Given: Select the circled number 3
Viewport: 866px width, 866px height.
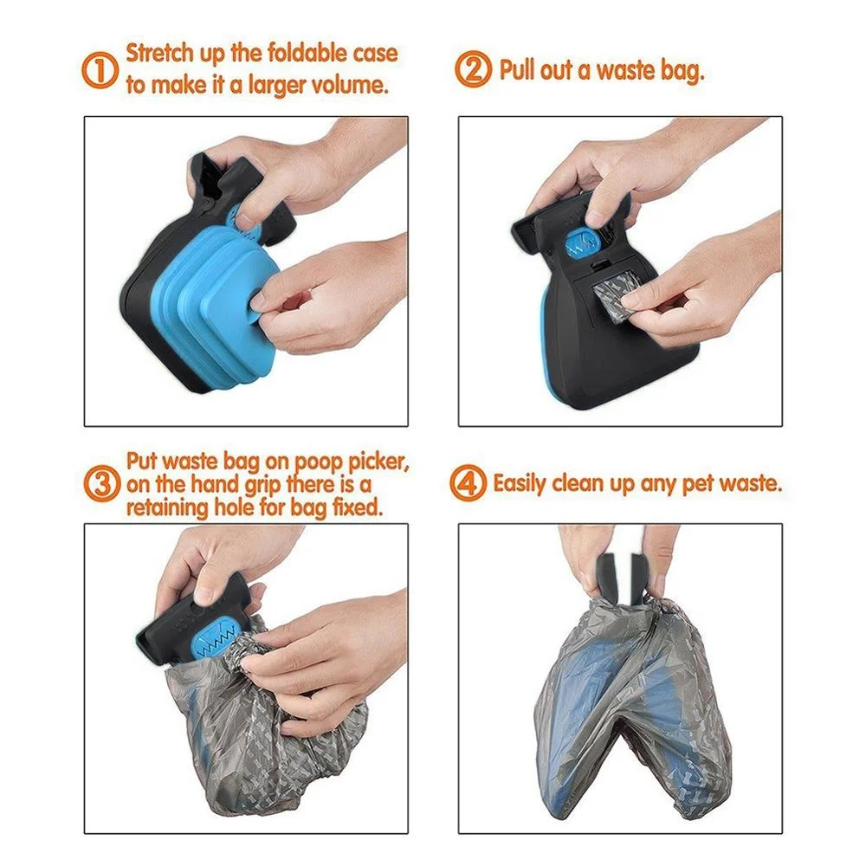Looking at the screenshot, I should [102, 483].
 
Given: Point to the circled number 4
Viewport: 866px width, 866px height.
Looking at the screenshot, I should [469, 483].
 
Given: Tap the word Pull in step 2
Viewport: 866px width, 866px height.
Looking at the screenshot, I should [518, 70].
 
